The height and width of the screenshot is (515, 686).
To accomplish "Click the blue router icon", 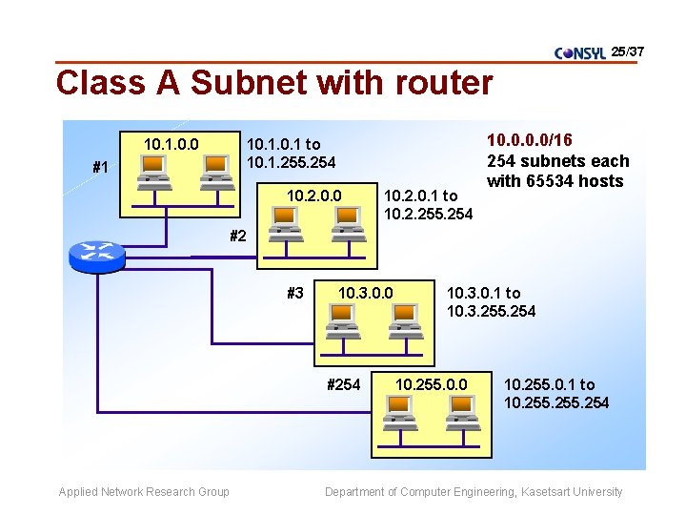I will (97, 254).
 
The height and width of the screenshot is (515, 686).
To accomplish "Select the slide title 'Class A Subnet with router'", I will (274, 83).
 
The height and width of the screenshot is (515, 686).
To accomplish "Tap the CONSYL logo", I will (580, 53).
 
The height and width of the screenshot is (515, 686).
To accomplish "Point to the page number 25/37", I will (628, 50).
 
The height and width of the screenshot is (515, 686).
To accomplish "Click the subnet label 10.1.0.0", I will (171, 144).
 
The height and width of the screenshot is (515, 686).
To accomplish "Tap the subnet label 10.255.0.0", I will (432, 384).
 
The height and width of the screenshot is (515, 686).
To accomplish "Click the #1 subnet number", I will (100, 168).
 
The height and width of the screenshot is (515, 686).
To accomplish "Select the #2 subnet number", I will (238, 236).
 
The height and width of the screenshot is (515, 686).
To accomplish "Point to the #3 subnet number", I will (296, 293).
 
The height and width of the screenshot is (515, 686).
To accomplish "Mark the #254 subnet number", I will (343, 384).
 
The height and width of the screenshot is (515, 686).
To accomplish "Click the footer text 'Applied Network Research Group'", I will (144, 492).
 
